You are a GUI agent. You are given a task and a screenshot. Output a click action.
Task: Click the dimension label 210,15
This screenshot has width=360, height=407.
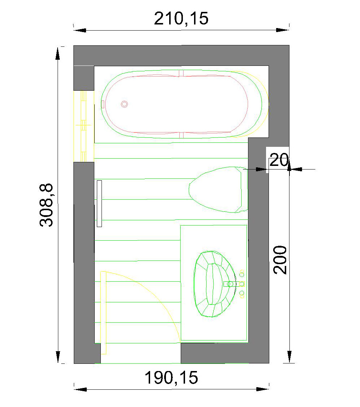pyautogui.click(x=181, y=18)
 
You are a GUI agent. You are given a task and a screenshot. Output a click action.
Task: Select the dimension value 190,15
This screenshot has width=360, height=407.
pyautogui.click(x=171, y=377)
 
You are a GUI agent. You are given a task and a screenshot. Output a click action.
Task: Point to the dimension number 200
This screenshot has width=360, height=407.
pyautogui.click(x=280, y=260)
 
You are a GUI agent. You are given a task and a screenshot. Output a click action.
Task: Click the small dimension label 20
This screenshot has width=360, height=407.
pyautogui.click(x=279, y=160)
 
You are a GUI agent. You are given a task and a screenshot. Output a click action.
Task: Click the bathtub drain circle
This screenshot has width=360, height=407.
pyautogui.click(x=125, y=104)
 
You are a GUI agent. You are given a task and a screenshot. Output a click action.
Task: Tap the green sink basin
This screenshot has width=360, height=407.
pyautogui.click(x=215, y=284)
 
